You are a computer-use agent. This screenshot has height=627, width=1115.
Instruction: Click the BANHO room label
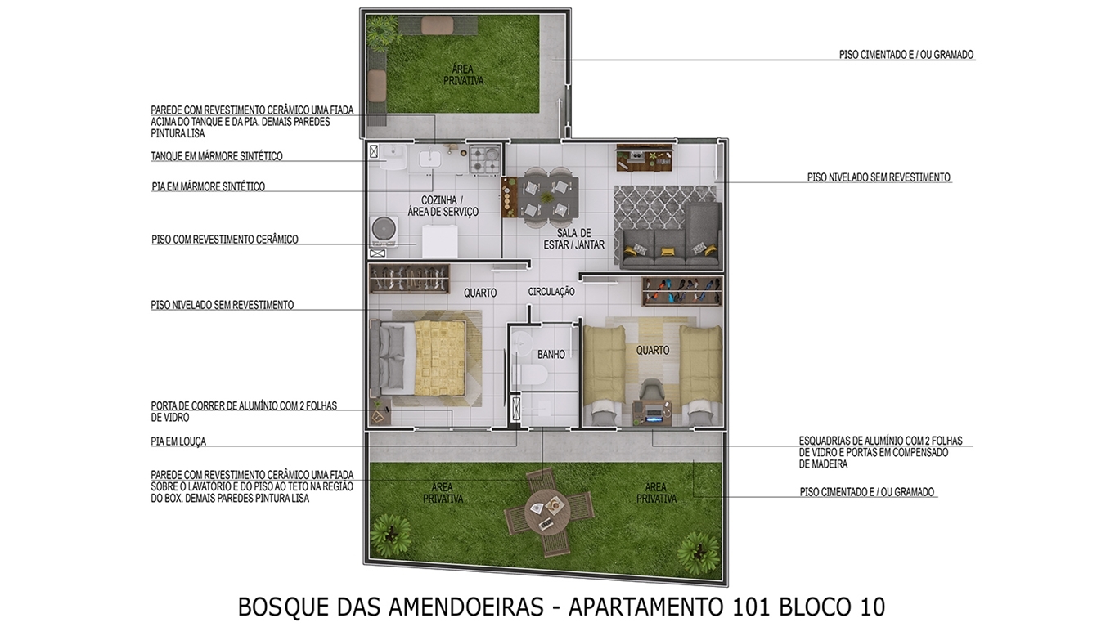(x=551, y=355)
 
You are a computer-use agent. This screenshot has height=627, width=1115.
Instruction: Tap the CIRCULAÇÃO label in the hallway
(x=551, y=292)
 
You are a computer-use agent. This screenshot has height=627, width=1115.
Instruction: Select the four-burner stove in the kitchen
(x=484, y=159)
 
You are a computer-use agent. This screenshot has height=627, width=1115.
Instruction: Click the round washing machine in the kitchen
(x=383, y=228)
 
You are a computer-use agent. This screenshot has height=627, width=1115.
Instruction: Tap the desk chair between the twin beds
(x=651, y=392)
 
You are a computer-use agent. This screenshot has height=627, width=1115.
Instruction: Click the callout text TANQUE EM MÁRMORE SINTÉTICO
(x=216, y=156)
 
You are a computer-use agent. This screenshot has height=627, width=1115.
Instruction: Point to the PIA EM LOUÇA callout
(x=178, y=441)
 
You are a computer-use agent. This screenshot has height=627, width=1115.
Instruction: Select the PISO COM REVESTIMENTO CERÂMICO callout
(x=225, y=240)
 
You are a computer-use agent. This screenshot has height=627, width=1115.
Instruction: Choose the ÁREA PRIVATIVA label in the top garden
(x=463, y=75)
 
